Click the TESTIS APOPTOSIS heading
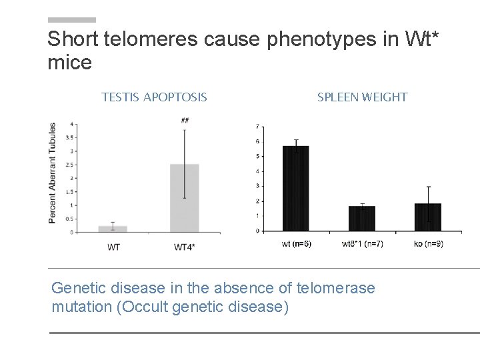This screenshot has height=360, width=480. tap(154, 97)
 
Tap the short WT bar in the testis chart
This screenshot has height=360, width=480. tap(113, 229)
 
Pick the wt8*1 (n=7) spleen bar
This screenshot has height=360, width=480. tap(361, 218)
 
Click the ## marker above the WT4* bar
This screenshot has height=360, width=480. tap(184, 121)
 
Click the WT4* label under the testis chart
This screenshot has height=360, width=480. tap(184, 247)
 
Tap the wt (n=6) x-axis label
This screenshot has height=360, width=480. tap(296, 244)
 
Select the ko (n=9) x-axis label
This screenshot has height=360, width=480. tap(427, 244)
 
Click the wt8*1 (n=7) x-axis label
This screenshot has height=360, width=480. tap(361, 244)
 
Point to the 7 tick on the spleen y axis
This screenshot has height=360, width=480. tap(258, 127)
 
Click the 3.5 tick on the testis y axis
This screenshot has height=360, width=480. tap(69, 137)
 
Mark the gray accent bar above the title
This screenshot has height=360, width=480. tap(72, 20)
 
